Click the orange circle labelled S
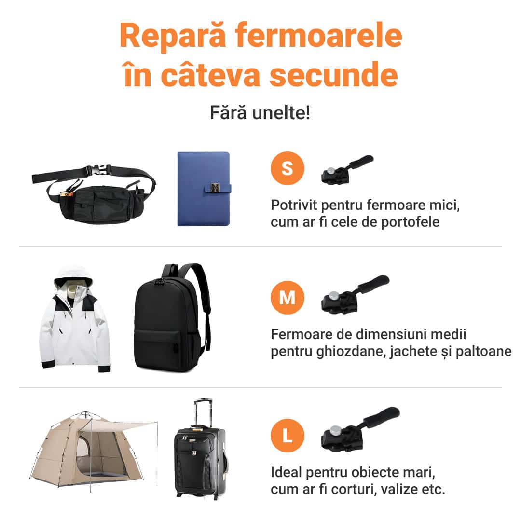click(x=288, y=168)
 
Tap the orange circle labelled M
click(x=288, y=297)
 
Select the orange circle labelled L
click(x=288, y=436)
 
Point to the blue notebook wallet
click(x=204, y=189)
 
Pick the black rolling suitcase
click(x=200, y=462)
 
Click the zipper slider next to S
click(x=346, y=170)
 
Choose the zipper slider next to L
click(x=360, y=429)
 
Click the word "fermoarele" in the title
click(x=319, y=36)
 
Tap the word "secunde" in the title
click(x=334, y=75)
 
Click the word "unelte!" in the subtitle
click(x=281, y=112)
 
